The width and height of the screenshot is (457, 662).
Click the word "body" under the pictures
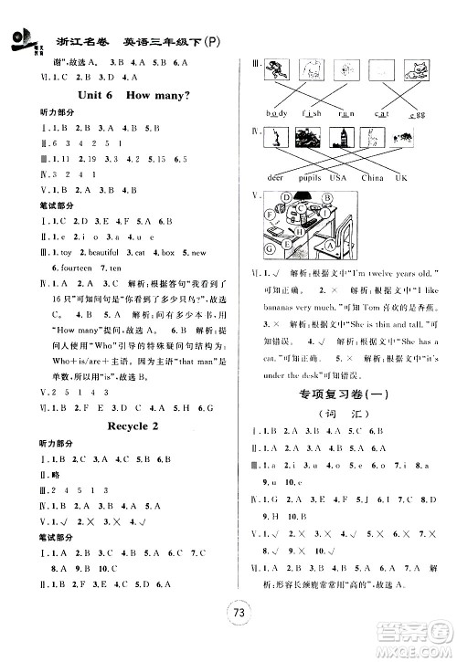coord(277,113)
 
